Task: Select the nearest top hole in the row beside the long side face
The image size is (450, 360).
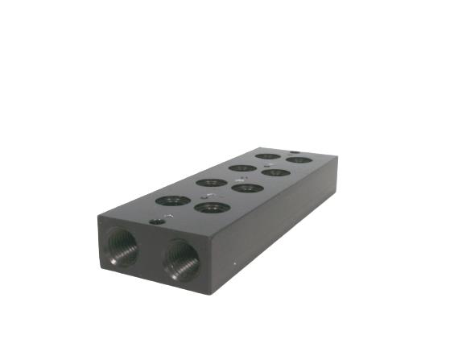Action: pos(212,207)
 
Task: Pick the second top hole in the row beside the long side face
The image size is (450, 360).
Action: pos(247,188)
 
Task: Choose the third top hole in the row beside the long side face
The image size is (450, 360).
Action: pos(275,172)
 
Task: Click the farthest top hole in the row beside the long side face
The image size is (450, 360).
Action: pos(299,159)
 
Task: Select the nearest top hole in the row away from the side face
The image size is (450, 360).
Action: pos(173,200)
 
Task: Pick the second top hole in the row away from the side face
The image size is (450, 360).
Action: pos(212,182)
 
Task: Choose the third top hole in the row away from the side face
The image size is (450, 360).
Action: pos(242,168)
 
